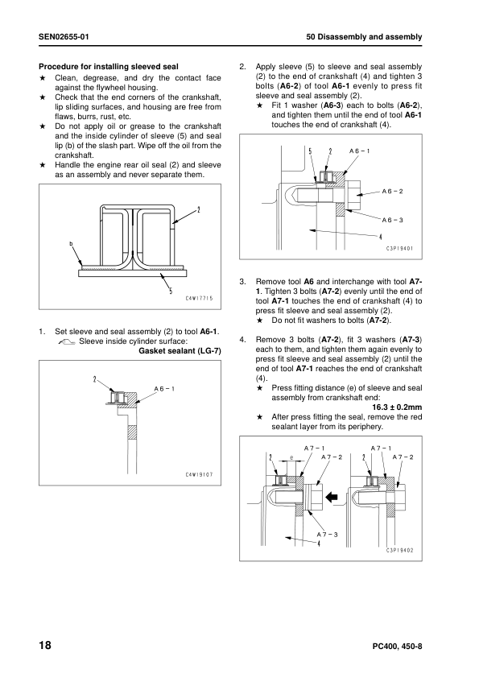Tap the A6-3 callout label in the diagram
point(392,219)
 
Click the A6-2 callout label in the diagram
point(392,191)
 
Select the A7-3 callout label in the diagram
point(327,534)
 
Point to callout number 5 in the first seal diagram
point(170,291)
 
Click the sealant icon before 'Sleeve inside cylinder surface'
point(68,342)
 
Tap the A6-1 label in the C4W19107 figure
point(165,388)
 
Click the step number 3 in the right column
point(243,282)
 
